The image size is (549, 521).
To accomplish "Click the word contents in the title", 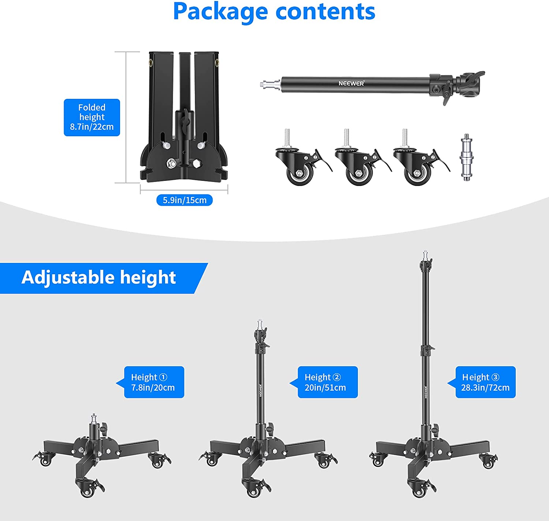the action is coord(325,12).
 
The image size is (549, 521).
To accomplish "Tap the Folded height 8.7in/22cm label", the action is coord(92,117).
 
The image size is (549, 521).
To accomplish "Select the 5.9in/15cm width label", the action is coord(184,200).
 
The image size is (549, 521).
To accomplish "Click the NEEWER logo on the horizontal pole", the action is coord(351,83).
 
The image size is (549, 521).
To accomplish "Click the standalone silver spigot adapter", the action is coord(466,157).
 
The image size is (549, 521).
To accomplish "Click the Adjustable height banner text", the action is coord(98,278).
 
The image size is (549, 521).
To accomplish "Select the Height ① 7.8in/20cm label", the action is coord(154,382).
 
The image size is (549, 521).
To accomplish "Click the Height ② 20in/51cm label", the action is coord(328,382).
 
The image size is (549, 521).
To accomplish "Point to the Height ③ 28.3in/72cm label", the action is coord(486,382).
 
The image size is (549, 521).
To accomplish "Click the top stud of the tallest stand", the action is coord(425,255).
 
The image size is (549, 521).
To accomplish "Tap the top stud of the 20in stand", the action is coord(260,324).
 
